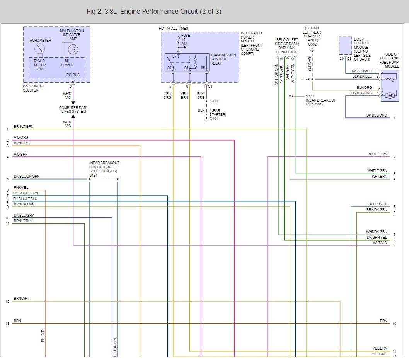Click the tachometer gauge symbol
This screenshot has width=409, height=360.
[x=40, y=49]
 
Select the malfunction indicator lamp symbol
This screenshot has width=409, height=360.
[x=73, y=49]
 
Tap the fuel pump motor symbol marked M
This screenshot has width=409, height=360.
[x=390, y=96]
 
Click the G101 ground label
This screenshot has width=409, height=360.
[x=214, y=119]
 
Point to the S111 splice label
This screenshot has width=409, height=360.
[x=214, y=101]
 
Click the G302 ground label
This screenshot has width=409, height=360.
[x=312, y=44]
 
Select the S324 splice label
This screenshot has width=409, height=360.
[x=305, y=79]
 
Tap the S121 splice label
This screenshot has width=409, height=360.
[x=94, y=175]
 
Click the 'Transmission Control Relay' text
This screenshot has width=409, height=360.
[x=223, y=59]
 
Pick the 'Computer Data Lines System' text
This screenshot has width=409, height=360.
[x=73, y=109]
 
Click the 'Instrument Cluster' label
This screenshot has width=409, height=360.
[x=33, y=88]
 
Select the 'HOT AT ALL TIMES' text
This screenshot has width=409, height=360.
[x=174, y=29]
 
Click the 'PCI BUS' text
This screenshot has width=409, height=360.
[x=73, y=75]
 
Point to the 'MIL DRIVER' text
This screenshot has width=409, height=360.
[x=67, y=63]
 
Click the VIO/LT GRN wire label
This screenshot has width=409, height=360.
[x=378, y=154]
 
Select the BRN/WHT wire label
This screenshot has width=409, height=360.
[x=21, y=299]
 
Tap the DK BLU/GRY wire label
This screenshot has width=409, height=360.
[x=24, y=215]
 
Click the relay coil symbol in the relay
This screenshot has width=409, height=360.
[x=193, y=62]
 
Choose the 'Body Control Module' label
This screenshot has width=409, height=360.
[x=362, y=49]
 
